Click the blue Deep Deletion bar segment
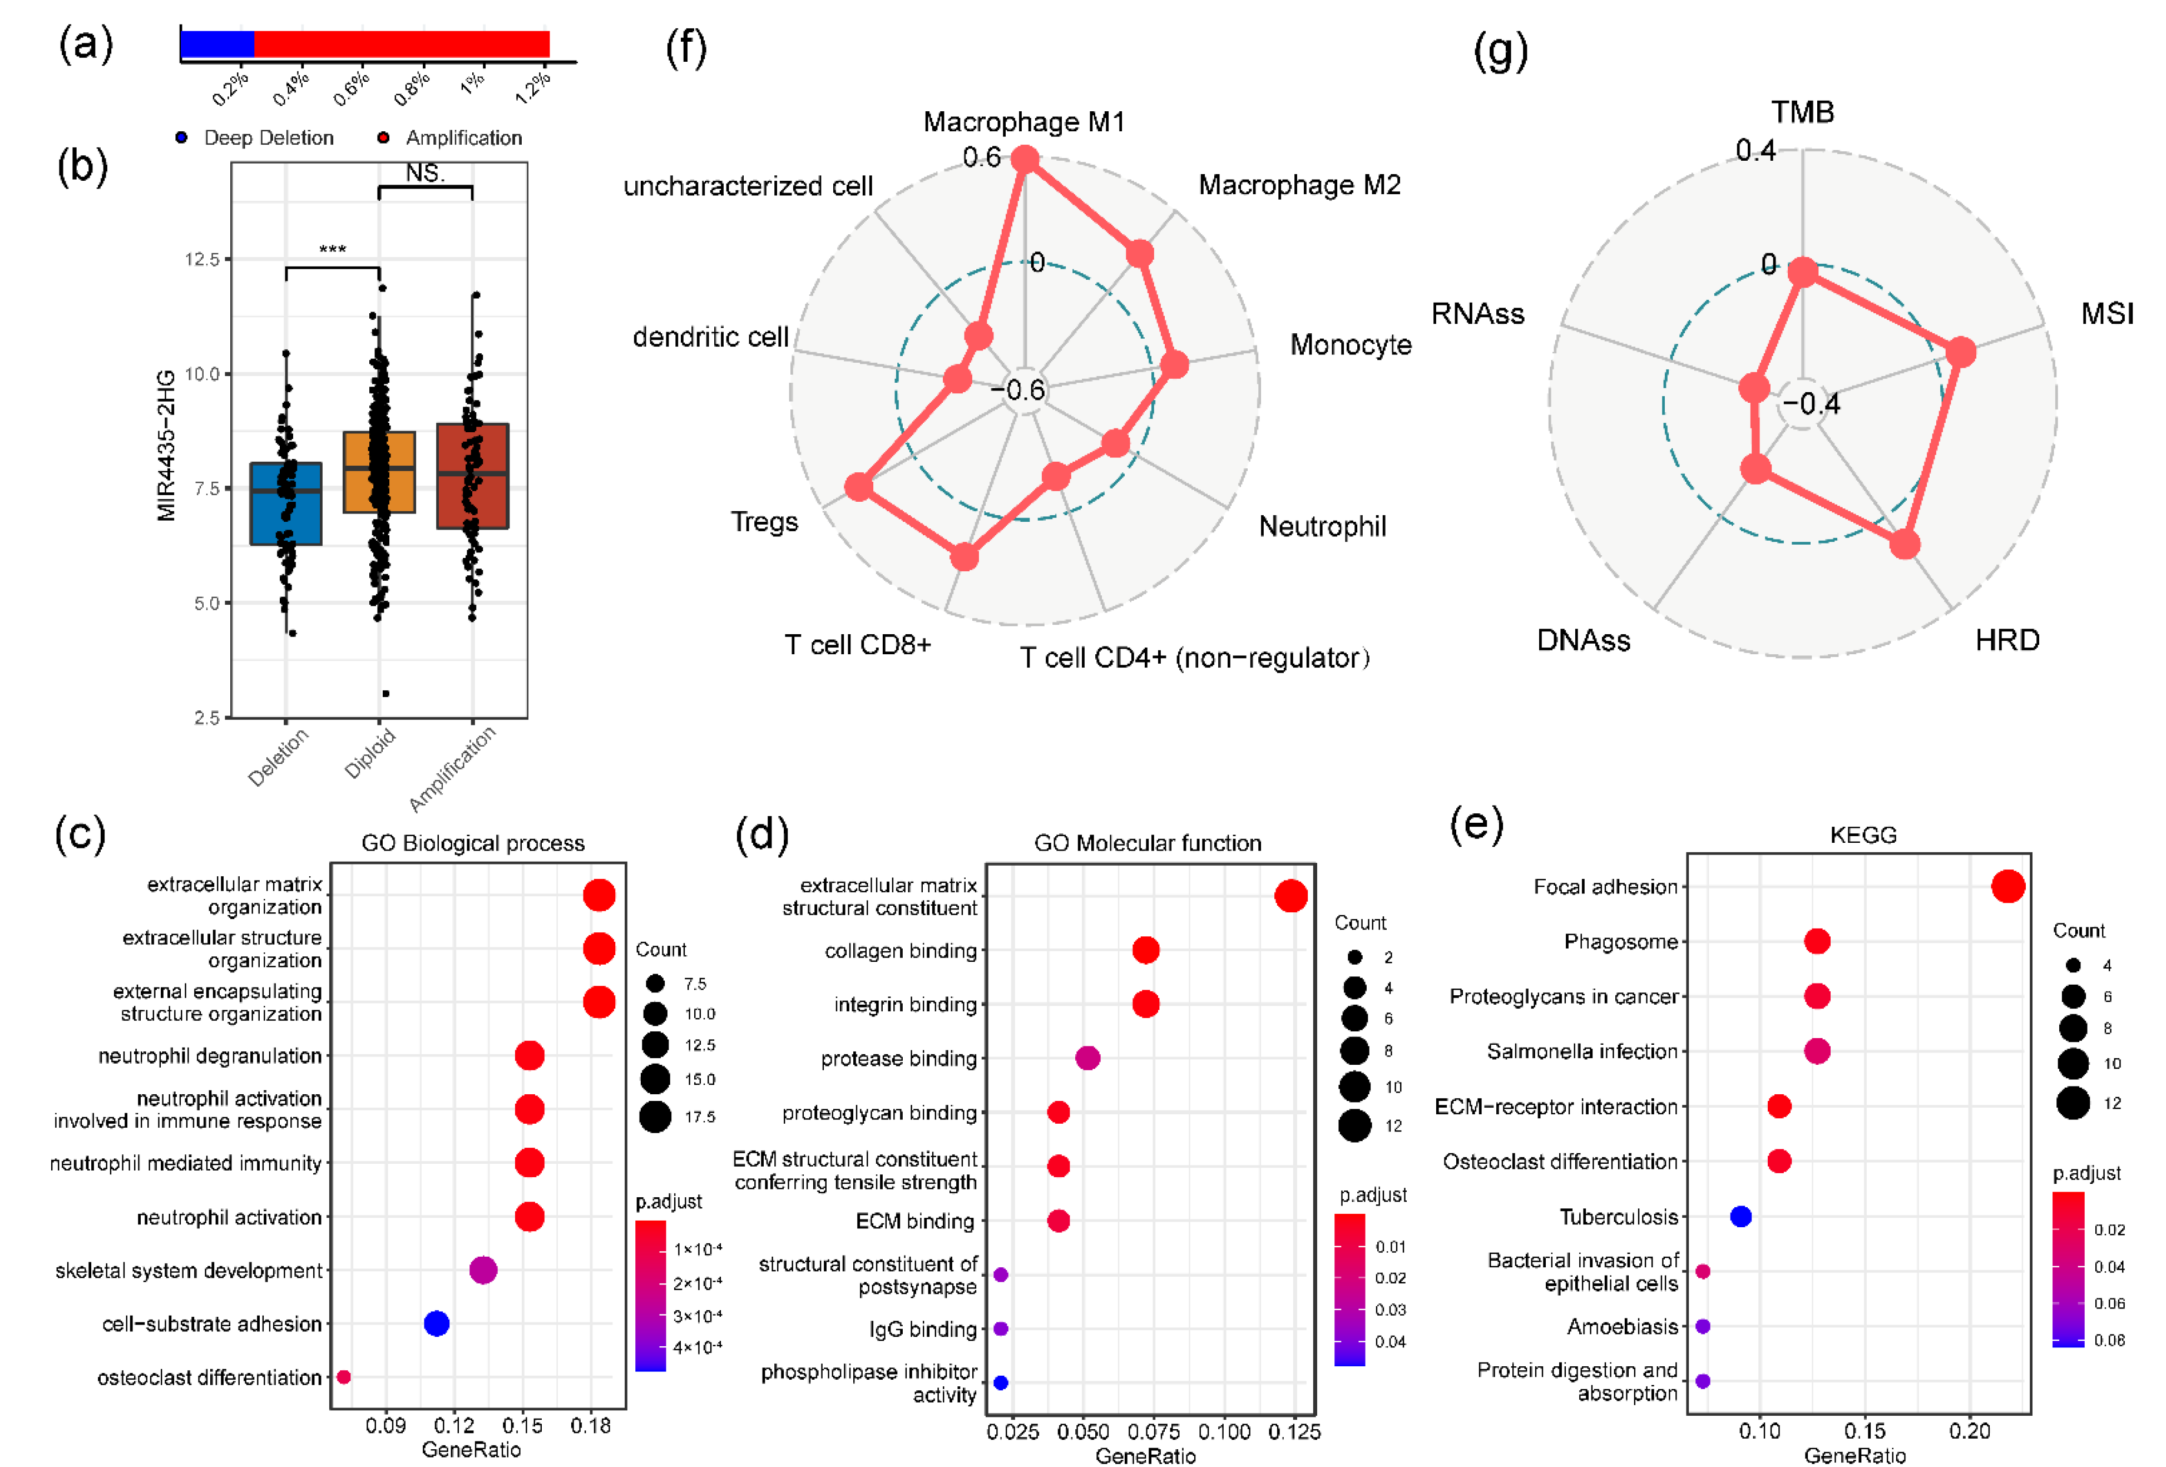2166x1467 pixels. click(x=216, y=44)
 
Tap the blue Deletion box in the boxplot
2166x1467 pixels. click(x=285, y=503)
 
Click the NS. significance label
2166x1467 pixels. click(x=425, y=174)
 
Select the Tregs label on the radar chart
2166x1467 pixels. click(x=764, y=521)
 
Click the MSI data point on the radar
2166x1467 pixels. click(x=1961, y=352)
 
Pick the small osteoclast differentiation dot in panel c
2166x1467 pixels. click(x=343, y=1376)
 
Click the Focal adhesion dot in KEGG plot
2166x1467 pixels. click(x=2007, y=886)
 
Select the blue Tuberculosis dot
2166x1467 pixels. click(x=1740, y=1216)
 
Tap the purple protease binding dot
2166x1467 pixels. click(x=1087, y=1058)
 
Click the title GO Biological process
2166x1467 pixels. click(x=473, y=843)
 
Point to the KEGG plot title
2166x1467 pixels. click(x=1862, y=835)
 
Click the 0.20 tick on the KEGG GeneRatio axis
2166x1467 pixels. click(x=1969, y=1431)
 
